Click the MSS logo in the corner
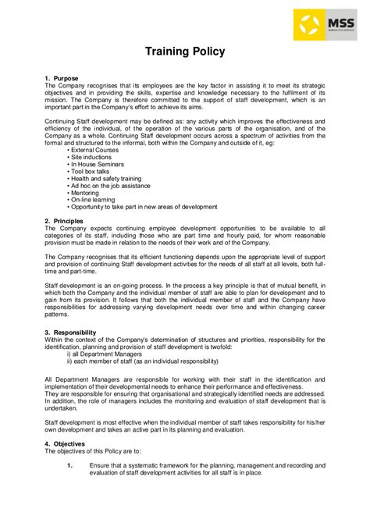click(321, 25)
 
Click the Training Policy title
click(185, 52)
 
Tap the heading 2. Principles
click(65, 221)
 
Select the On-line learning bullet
click(94, 200)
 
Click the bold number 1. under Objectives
click(69, 465)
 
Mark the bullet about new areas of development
click(144, 207)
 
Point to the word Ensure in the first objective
click(100, 465)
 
